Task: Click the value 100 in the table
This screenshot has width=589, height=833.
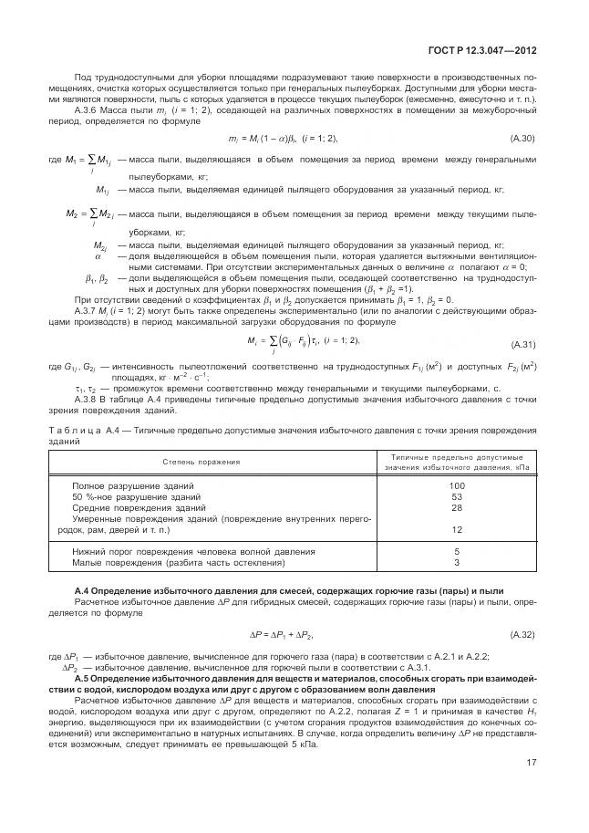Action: [457, 485]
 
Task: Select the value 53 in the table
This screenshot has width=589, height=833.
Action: [457, 496]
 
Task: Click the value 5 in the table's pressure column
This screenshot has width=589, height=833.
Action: [457, 551]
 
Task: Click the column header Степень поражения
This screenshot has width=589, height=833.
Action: [201, 462]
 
